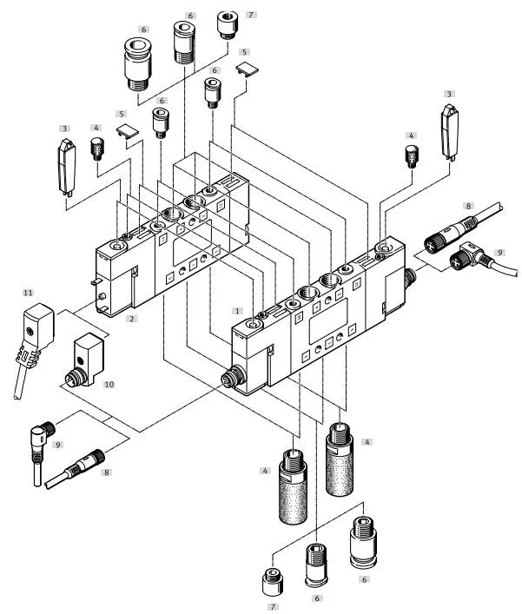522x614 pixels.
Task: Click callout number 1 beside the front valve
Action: point(235,309)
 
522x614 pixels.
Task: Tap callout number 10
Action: point(109,382)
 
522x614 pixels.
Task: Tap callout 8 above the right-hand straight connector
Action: point(468,206)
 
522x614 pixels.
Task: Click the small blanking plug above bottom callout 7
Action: point(271,577)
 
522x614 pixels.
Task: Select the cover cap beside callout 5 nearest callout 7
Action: point(246,68)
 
